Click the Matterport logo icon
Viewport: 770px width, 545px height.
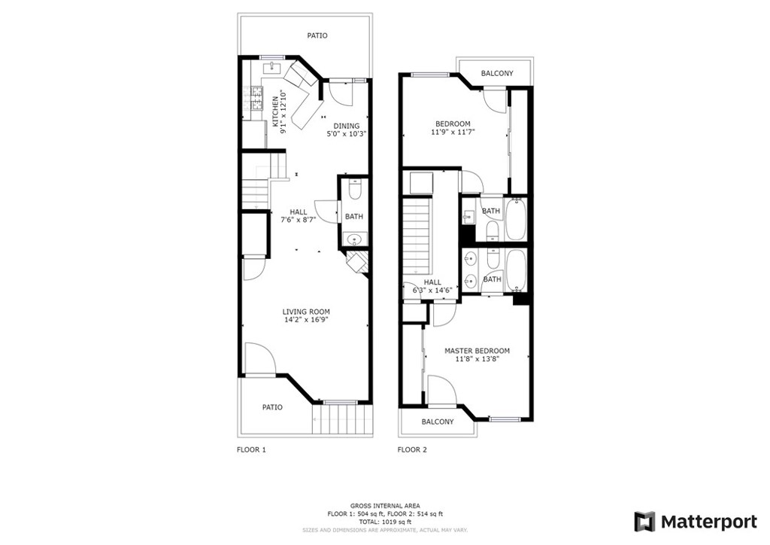coord(644,522)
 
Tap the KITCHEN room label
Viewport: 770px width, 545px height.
coord(275,111)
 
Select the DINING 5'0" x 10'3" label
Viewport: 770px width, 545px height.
coord(346,129)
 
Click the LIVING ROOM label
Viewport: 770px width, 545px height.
coord(306,312)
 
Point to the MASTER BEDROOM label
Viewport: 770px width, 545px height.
coord(477,351)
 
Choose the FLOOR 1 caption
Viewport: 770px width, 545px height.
coord(251,449)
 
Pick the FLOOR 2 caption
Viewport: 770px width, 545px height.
coord(412,449)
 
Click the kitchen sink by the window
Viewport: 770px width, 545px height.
coord(271,68)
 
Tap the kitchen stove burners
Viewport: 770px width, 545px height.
coord(257,97)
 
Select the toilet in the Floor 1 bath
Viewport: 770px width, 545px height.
coord(354,190)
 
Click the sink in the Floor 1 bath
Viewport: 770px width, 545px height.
coord(354,239)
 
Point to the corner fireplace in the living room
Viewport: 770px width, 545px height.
coord(356,262)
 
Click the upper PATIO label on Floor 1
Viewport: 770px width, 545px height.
coord(317,35)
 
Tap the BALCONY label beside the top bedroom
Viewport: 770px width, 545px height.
coord(497,73)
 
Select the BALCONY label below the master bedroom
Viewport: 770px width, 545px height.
coord(438,422)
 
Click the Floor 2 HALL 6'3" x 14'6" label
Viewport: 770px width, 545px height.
coord(432,286)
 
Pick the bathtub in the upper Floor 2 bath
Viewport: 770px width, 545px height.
coord(516,219)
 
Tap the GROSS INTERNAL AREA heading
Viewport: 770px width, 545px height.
coord(385,506)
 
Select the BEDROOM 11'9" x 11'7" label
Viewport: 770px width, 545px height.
coord(453,128)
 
